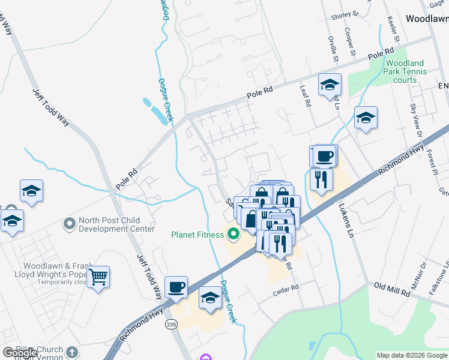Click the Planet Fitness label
tap(197, 235)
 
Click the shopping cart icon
tap(98, 277)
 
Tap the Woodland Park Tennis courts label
tap(405, 71)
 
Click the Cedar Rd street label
tap(286, 289)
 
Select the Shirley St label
tap(345, 14)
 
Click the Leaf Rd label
tap(306, 95)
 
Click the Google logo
tap(20, 353)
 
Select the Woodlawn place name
tap(427, 19)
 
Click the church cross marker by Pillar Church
tap(71, 352)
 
